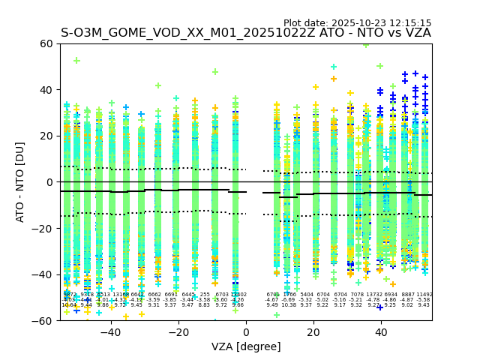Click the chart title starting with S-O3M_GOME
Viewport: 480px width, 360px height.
[245, 33]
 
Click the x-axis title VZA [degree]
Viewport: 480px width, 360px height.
[245, 346]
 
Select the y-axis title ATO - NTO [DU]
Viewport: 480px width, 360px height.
[20, 182]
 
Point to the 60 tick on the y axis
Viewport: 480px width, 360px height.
[47, 43]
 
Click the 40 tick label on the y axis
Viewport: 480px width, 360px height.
[47, 90]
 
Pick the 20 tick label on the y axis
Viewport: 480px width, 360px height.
[47, 136]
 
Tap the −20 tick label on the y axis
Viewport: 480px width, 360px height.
[44, 228]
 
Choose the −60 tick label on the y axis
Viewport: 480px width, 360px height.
[44, 320]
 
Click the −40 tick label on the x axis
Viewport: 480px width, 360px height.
[111, 331]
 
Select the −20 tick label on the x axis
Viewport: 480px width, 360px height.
[178, 331]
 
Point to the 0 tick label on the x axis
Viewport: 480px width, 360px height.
[246, 331]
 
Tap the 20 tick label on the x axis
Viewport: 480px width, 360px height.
[313, 331]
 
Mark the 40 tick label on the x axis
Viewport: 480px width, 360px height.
[381, 331]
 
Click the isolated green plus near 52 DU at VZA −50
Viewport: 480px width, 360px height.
[76, 61]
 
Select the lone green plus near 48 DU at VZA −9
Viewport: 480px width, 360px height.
[215, 72]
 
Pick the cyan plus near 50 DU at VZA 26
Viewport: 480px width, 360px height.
[334, 67]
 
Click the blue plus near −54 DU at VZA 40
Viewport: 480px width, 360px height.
[380, 307]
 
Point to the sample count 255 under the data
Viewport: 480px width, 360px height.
[205, 295]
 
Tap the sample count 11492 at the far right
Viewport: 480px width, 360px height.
[424, 295]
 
